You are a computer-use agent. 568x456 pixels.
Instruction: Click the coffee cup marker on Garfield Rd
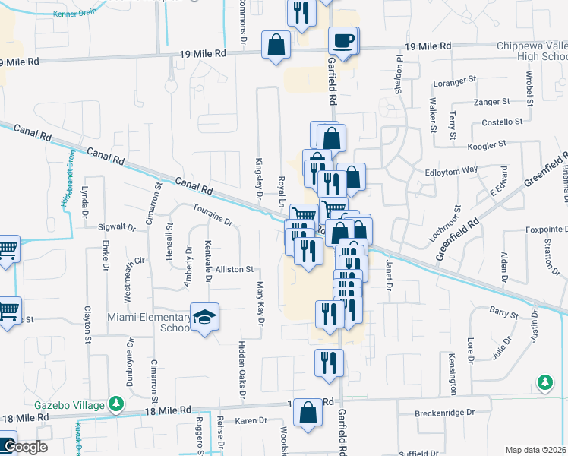click(344, 40)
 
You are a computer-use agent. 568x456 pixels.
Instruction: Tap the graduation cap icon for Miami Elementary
click(204, 318)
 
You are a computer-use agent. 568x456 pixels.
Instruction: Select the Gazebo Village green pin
click(115, 403)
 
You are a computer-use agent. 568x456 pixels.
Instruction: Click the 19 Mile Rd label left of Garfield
click(204, 53)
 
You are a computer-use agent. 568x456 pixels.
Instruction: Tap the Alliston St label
click(234, 269)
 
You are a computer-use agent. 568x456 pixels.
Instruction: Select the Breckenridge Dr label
click(444, 413)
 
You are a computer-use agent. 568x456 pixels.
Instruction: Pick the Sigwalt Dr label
click(116, 226)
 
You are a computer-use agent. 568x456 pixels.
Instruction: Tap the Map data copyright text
click(536, 450)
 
